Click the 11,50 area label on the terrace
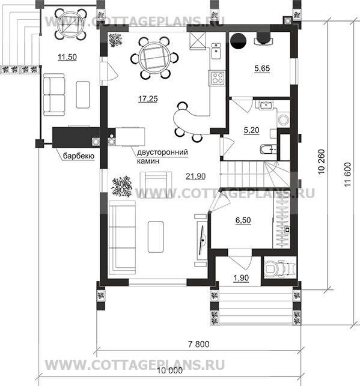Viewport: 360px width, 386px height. [x=67, y=57]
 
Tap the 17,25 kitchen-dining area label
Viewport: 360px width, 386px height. [x=148, y=98]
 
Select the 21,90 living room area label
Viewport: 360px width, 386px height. [x=196, y=176]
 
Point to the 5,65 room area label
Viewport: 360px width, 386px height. [x=262, y=68]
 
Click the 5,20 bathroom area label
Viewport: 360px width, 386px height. [x=251, y=130]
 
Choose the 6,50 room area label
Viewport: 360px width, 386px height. [x=243, y=220]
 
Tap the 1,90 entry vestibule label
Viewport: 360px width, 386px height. [x=241, y=278]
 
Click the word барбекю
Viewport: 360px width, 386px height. [x=79, y=156]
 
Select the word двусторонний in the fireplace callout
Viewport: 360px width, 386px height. [x=162, y=152]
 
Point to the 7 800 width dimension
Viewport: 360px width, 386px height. [x=198, y=344]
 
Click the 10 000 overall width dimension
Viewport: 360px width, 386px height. [x=170, y=370]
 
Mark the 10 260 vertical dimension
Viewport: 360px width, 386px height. [x=322, y=161]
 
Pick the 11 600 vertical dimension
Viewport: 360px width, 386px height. [x=347, y=175]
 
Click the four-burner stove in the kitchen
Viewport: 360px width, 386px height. [x=217, y=78]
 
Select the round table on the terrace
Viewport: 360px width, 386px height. [x=70, y=24]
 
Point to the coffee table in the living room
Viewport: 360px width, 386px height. [x=156, y=237]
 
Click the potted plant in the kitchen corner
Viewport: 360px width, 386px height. [x=115, y=40]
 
